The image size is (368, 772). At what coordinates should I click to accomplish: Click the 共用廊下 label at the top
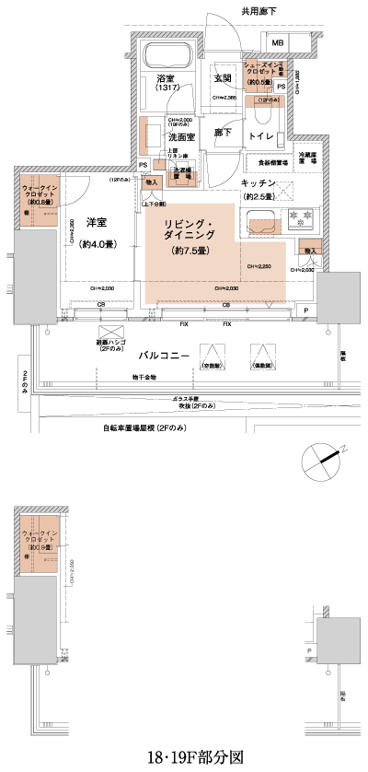click(259, 12)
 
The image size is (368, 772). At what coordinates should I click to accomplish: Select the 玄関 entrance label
click(222, 77)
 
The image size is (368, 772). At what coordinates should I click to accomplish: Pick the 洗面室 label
click(180, 137)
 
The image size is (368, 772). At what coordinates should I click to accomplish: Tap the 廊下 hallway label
click(222, 134)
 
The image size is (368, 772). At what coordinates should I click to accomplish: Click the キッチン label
click(259, 184)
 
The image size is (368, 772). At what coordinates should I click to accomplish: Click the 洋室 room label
click(98, 223)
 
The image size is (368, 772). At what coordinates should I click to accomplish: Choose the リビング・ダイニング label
click(189, 230)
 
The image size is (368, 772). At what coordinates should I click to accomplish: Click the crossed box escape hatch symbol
click(110, 333)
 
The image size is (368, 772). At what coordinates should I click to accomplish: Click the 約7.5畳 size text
click(188, 250)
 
